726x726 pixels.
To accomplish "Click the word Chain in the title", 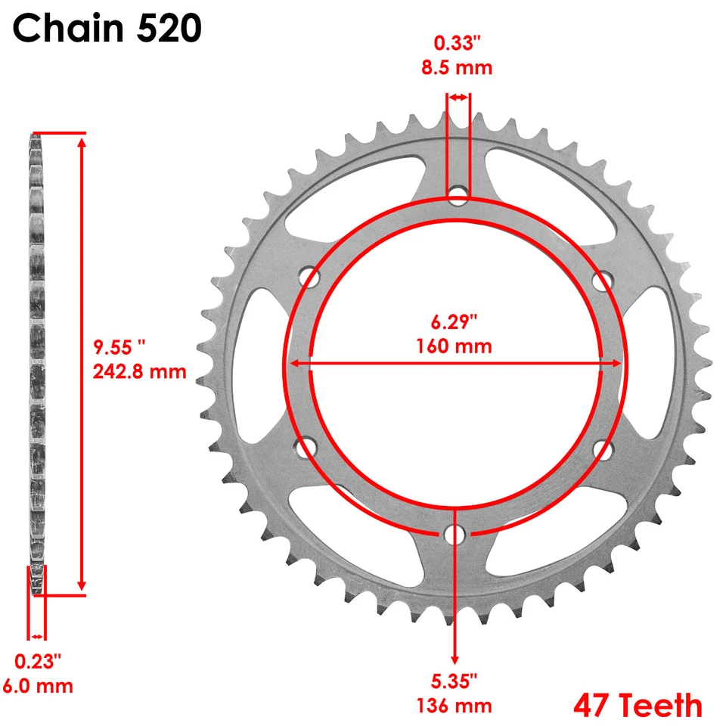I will point(68,29).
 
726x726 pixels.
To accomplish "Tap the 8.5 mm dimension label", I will point(457,68).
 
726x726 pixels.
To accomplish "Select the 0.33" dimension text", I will point(457,44).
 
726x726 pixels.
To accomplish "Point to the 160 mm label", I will point(454,347).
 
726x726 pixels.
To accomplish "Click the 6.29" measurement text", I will point(454,323).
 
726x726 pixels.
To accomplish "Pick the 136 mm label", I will point(455,706).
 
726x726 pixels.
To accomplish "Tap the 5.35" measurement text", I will point(455,682).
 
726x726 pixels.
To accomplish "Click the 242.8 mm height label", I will point(139,371).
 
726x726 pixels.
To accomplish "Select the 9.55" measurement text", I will point(119,347).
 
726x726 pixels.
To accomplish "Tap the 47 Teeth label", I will point(638,705).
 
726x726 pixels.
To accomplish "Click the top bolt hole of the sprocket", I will point(457,197).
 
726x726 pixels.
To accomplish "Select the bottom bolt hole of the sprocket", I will point(455,534).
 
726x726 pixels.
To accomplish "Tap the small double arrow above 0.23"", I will point(37,637).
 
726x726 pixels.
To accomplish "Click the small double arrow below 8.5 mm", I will point(458,98).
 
